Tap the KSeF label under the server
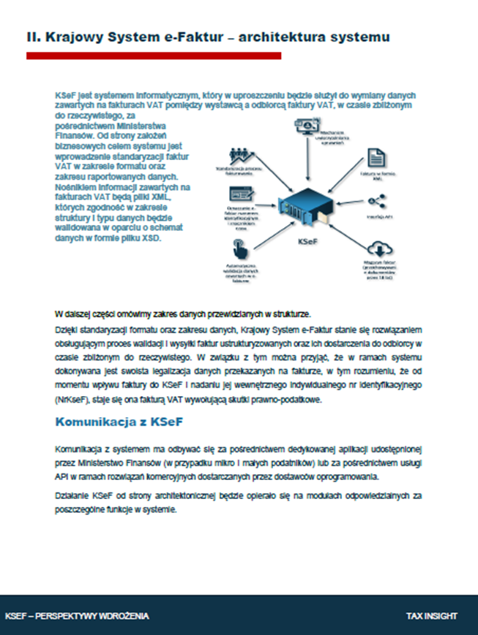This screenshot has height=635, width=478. [x=309, y=240]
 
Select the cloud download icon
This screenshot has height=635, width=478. [x=380, y=248]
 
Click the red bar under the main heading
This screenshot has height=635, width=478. [x=154, y=56]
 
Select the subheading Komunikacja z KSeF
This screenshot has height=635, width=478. [x=119, y=422]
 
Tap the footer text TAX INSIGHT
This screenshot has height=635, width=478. [x=432, y=616]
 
